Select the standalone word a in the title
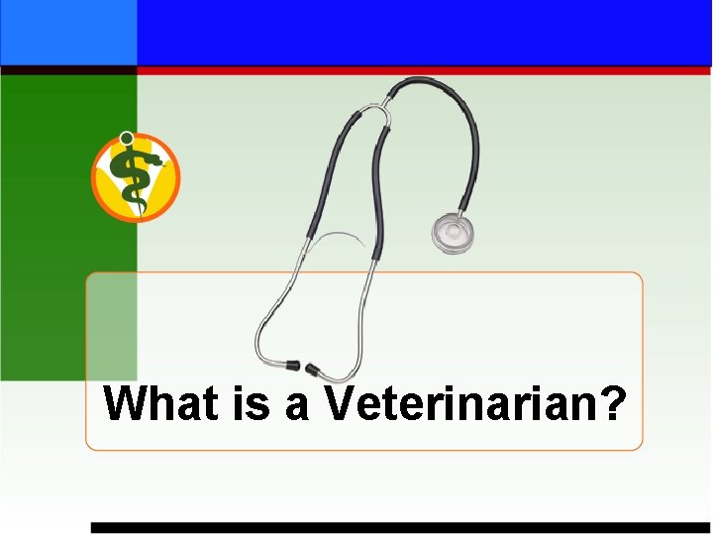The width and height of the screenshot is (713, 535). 298,405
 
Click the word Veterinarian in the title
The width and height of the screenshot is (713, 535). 461,403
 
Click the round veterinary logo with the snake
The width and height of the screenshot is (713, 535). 136,176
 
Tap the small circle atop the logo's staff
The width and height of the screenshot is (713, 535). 126,138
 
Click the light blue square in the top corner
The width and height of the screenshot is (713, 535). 68,32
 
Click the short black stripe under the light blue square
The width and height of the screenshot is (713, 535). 68,71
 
